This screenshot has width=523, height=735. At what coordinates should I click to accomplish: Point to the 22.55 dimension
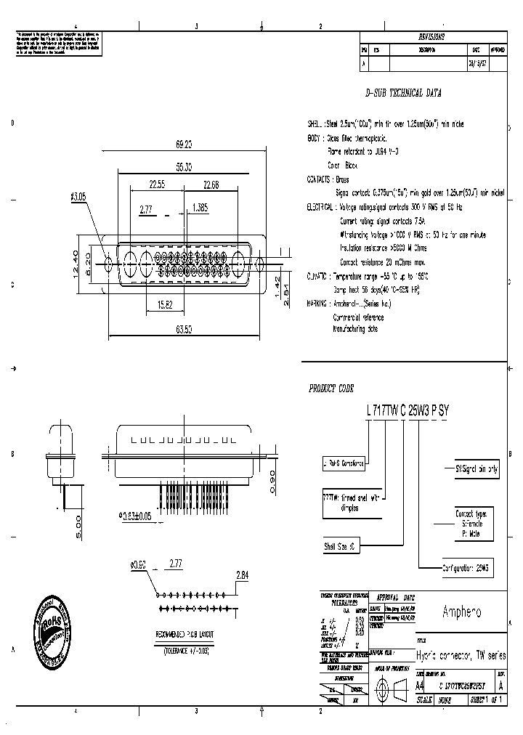156,185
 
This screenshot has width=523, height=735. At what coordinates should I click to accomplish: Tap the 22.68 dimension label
212,185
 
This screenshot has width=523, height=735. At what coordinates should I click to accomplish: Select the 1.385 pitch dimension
200,208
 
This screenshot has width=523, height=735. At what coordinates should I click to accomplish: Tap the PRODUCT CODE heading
333,389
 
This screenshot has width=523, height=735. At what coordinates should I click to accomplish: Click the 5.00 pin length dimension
79,522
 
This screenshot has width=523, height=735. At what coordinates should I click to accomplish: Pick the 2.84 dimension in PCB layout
243,575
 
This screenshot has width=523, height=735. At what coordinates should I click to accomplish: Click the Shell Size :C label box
339,545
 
